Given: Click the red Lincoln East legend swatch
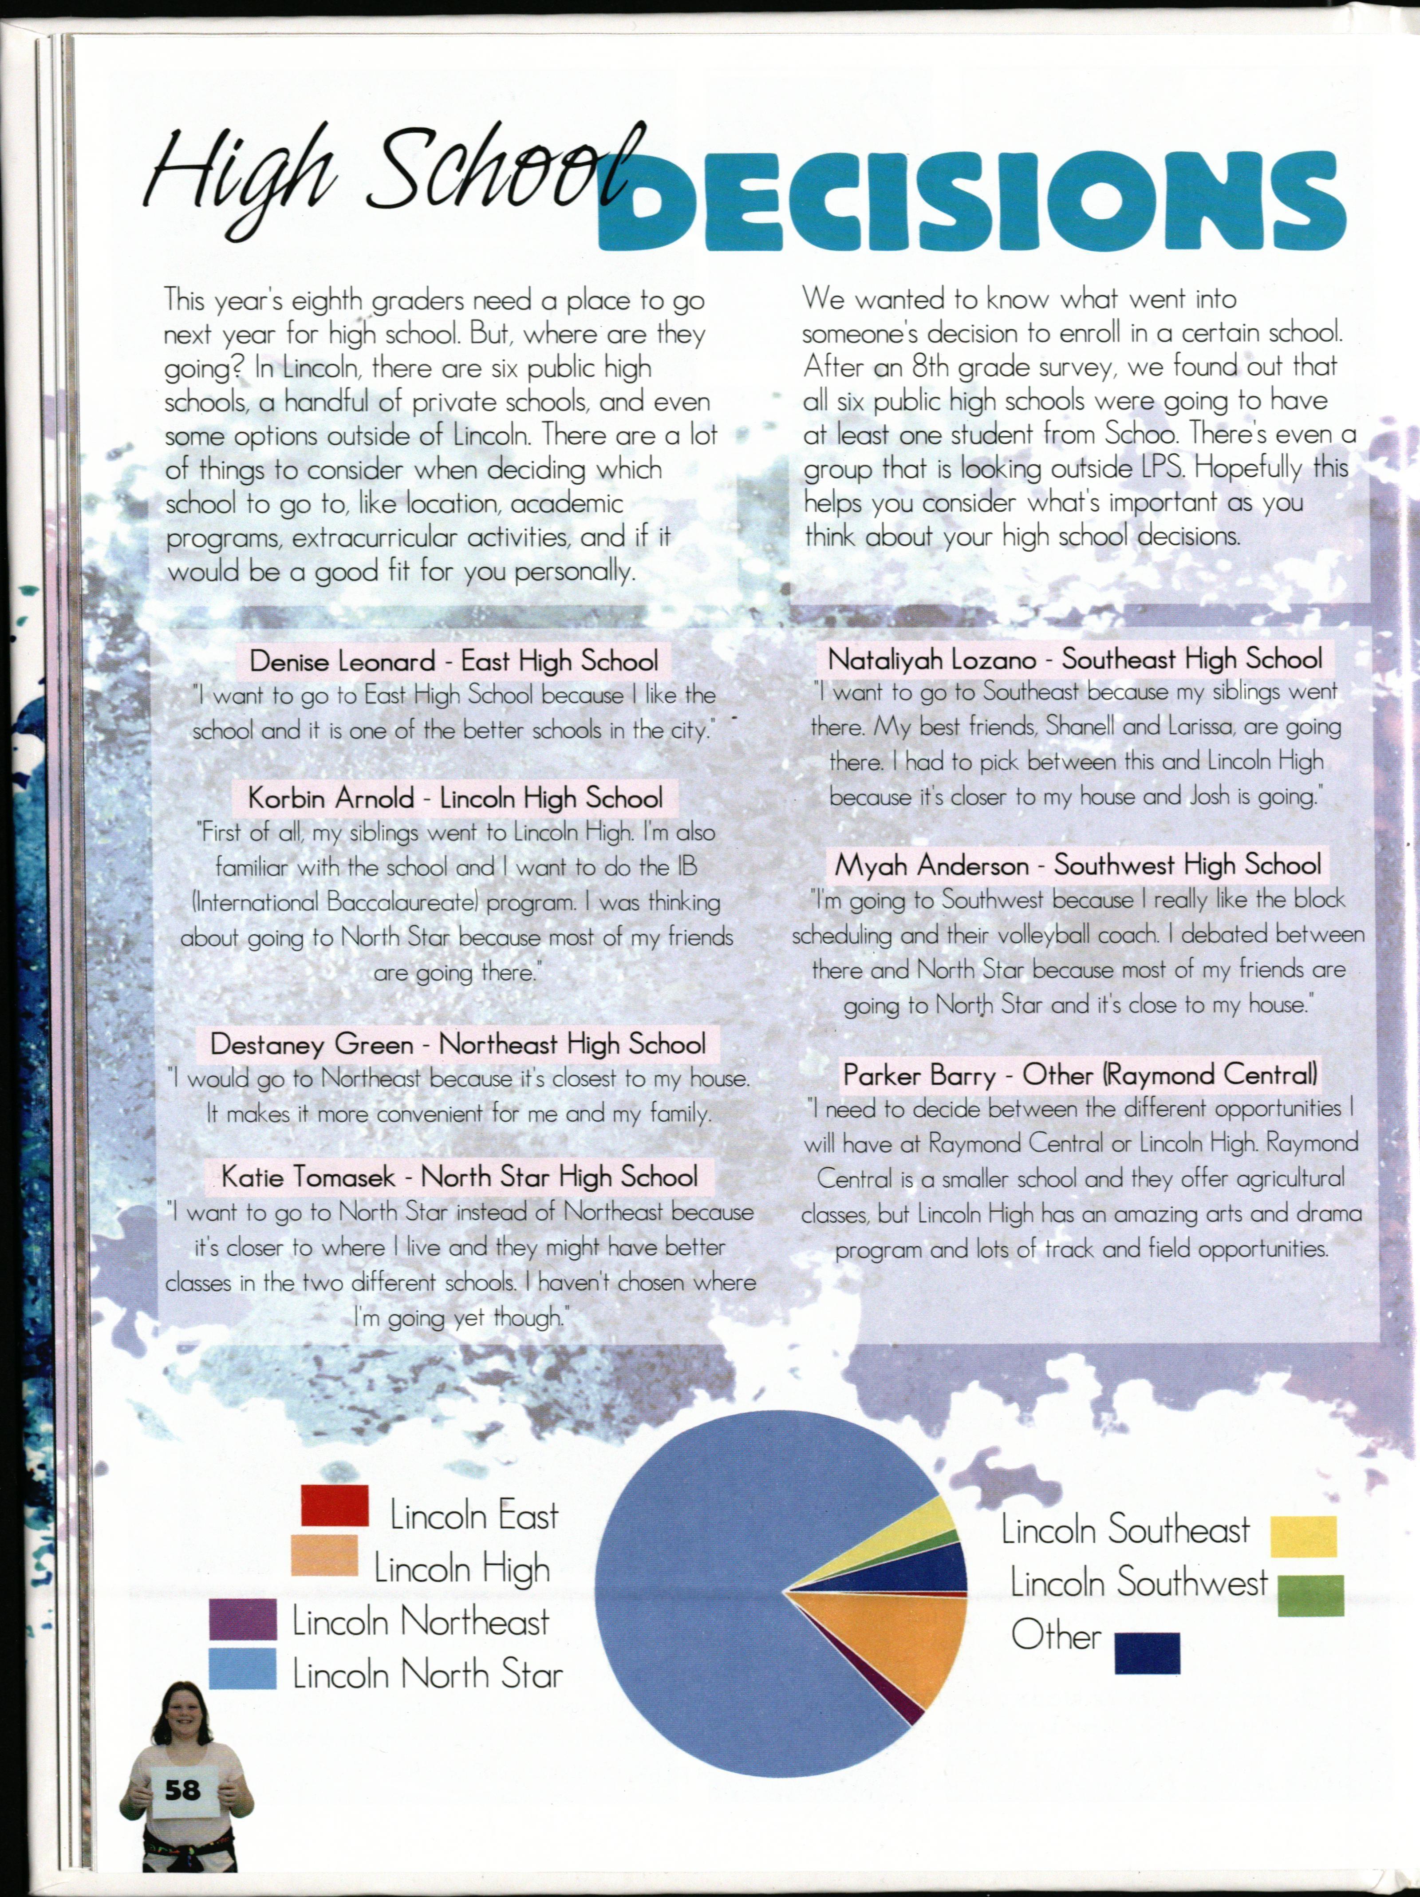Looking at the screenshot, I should coord(335,1505).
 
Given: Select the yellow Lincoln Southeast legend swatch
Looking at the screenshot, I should coord(1302,1536).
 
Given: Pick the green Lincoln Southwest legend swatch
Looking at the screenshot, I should coord(1310,1595).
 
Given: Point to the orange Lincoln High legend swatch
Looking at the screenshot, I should coord(324,1555).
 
